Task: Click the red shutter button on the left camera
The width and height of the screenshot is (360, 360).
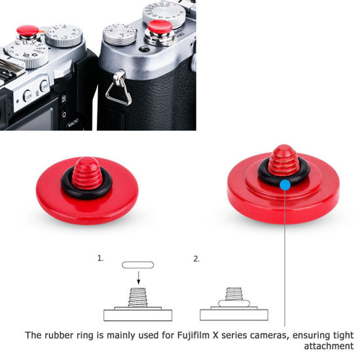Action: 27,30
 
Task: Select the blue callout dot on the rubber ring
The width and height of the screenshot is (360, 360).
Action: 285,185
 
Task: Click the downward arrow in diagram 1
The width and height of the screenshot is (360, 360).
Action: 138,277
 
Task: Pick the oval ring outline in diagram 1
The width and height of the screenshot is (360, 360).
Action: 138,264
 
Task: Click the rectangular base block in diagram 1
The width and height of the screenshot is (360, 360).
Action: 138,312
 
